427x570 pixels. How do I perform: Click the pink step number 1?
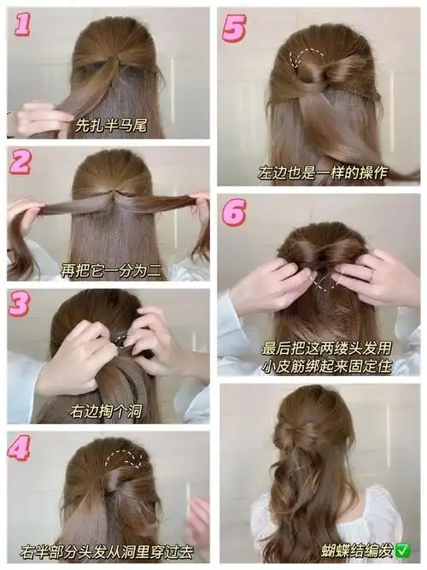pyautogui.click(x=22, y=25)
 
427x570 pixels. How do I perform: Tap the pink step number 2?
pyautogui.click(x=20, y=162)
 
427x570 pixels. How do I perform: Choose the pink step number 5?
pyautogui.click(x=234, y=28)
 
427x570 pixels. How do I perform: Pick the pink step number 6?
pyautogui.click(x=234, y=212)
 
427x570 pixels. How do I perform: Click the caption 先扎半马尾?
pyautogui.click(x=111, y=125)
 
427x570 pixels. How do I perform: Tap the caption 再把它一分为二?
pyautogui.click(x=111, y=270)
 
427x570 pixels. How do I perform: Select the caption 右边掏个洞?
pyautogui.click(x=106, y=412)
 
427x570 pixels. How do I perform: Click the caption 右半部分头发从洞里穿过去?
pyautogui.click(x=107, y=552)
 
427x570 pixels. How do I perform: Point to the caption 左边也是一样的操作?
pyautogui.click(x=323, y=173)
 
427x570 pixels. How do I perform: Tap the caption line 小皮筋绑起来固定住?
pyautogui.click(x=327, y=367)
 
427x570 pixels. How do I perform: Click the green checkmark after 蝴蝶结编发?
pyautogui.click(x=403, y=550)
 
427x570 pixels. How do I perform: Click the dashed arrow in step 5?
pyautogui.click(x=305, y=57)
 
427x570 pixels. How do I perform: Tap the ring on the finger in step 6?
pyautogui.click(x=371, y=275)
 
